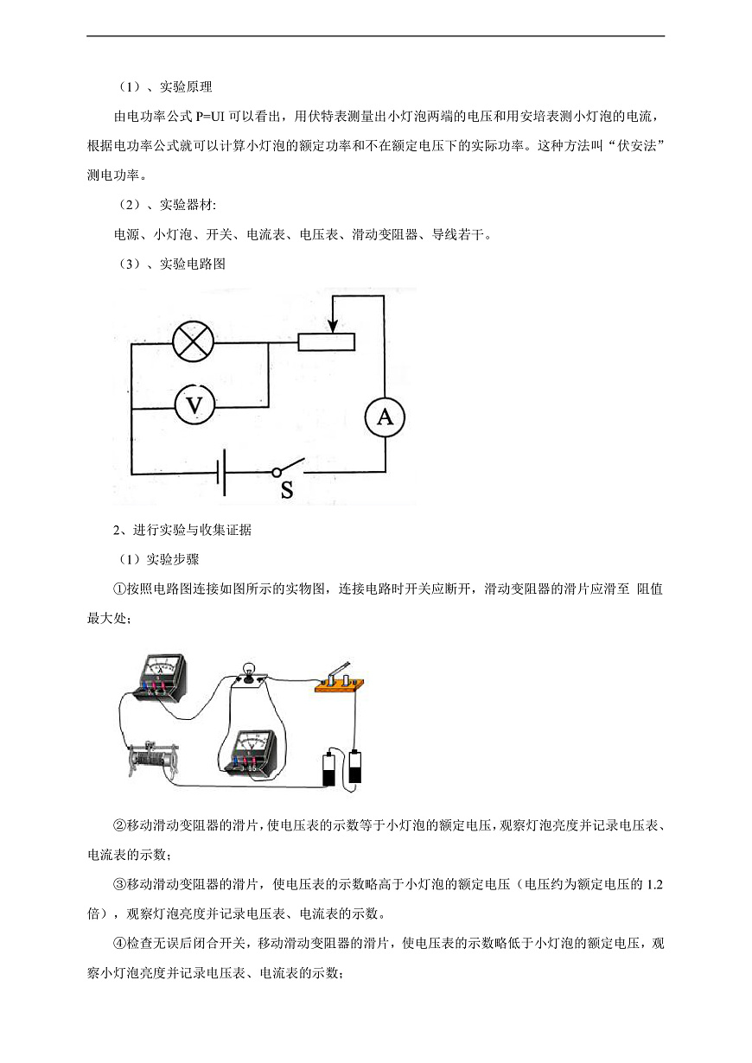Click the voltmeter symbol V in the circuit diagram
coord(194,404)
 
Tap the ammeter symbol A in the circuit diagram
coord(385,417)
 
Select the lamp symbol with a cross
coord(194,341)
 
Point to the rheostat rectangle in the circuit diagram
coord(326,341)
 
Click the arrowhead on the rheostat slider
coord(334,326)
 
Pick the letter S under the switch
coord(287,489)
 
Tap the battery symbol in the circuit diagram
coord(220,473)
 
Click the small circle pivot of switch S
coord(277,472)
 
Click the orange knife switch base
coord(340,685)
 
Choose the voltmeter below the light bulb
coord(250,754)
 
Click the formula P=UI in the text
coord(210,117)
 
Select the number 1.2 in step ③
coord(654,885)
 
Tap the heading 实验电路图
coord(192,264)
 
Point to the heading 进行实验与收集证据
coord(192,530)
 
